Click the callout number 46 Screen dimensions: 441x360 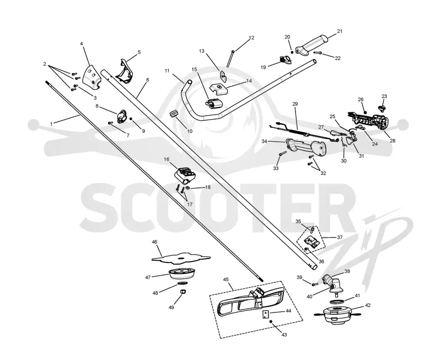(x=154, y=242)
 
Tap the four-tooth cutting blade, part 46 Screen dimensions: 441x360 (x=181, y=258)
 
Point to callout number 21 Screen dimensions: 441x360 (x=340, y=31)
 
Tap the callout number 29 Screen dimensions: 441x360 (x=295, y=104)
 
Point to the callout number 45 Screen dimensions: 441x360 (x=226, y=280)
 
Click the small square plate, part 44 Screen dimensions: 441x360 (x=266, y=314)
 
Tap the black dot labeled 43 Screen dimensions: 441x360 (x=271, y=321)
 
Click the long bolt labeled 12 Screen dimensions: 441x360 (x=230, y=59)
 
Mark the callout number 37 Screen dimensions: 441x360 (x=340, y=238)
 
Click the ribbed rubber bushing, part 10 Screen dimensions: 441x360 (x=174, y=114)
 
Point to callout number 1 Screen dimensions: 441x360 (x=51, y=123)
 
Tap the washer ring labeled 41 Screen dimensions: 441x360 (x=337, y=302)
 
